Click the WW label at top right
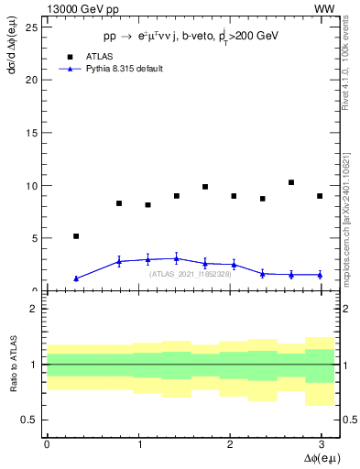324,8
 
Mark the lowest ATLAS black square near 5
76,236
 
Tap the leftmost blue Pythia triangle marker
76,278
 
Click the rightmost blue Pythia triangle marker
320,275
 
